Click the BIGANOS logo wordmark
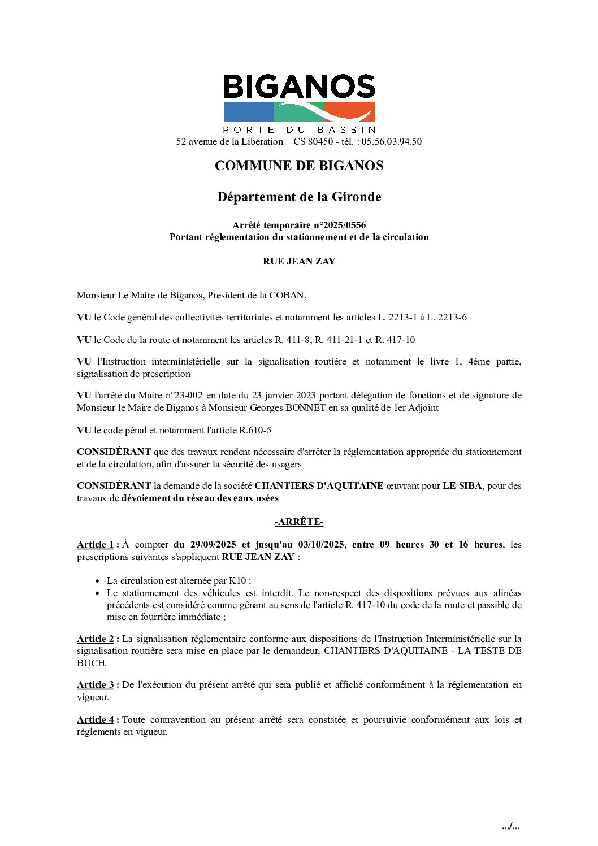pos(299,86)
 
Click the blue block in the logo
pos(248,111)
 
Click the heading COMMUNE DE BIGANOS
pos(299,166)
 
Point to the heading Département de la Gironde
pos(299,197)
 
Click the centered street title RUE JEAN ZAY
pos(299,261)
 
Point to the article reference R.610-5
pos(255,430)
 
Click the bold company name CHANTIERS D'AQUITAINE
pos(319,485)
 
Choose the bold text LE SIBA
pos(462,485)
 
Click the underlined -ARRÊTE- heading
pos(299,522)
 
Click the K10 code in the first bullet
pos(237,580)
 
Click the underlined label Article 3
pos(96,685)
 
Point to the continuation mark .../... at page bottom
pos(510,827)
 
